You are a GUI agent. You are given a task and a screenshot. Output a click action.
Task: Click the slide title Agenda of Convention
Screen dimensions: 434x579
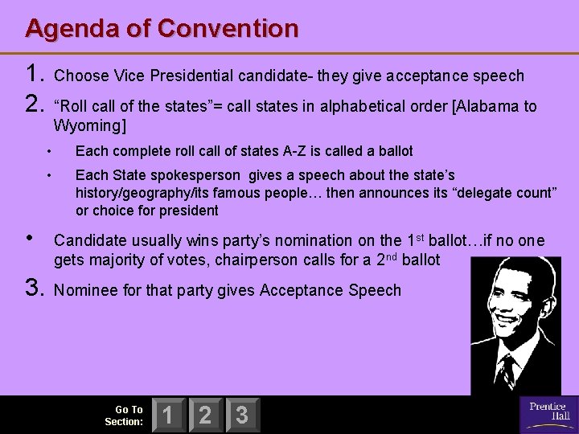162,28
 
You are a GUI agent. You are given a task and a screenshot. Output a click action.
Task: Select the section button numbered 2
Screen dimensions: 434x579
204,416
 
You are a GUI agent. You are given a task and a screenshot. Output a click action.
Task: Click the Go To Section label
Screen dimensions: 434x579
124,416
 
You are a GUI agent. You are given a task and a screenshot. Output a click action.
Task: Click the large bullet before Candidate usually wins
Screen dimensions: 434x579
31,239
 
